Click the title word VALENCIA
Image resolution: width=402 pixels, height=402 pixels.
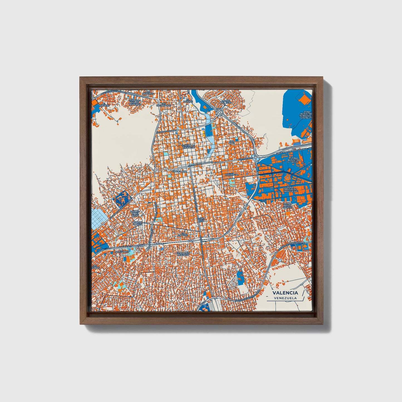pos(285,293)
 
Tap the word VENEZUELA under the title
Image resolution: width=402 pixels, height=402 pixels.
pos(285,298)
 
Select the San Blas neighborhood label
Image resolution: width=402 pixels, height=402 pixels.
pos(232,142)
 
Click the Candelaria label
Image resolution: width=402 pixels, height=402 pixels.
pos(179,172)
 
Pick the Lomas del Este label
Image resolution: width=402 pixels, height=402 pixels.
pos(226,102)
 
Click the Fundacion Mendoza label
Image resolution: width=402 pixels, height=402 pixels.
pos(183,254)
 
